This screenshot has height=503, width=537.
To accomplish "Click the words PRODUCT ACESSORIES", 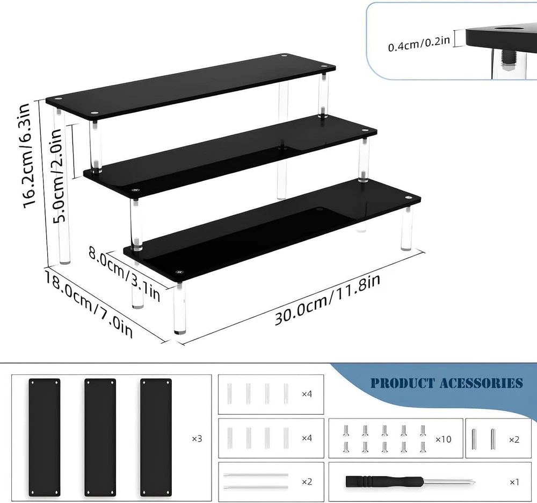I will click(x=446, y=383).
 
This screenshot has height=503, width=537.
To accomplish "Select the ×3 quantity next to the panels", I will click(x=197, y=438).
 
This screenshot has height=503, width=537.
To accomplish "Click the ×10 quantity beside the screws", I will click(x=444, y=439).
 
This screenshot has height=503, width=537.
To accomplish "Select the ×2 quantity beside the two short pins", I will click(x=514, y=439).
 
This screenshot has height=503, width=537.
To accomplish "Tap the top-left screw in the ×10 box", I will click(x=347, y=430).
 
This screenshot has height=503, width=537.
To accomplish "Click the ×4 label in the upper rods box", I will click(x=307, y=394).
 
